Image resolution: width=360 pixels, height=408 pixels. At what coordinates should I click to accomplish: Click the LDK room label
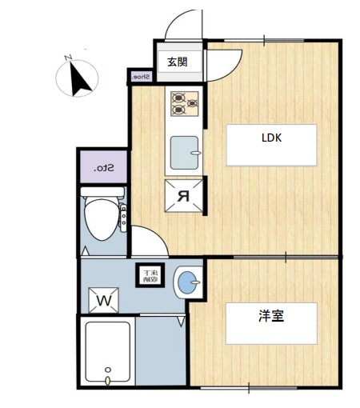coord(271,137)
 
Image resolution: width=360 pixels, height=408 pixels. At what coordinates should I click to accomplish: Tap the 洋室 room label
coord(271,315)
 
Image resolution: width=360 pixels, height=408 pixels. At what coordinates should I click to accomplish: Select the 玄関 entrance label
coord(177,62)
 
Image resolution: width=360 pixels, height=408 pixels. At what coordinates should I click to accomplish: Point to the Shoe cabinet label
coord(140,77)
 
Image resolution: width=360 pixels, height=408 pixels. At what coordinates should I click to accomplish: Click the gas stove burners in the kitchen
coord(184,101)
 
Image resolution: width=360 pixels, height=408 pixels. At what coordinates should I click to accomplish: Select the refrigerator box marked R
coord(183,194)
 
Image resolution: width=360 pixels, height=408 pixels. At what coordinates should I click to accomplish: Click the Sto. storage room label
coord(102,167)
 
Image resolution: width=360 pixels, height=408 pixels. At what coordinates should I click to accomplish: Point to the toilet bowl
coord(101,218)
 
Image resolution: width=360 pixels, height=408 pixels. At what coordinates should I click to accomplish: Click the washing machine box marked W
coord(104,299)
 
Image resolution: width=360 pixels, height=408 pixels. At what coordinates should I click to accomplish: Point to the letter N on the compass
coord(69,56)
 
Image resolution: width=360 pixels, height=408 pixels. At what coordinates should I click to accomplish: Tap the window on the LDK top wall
coord(264,40)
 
